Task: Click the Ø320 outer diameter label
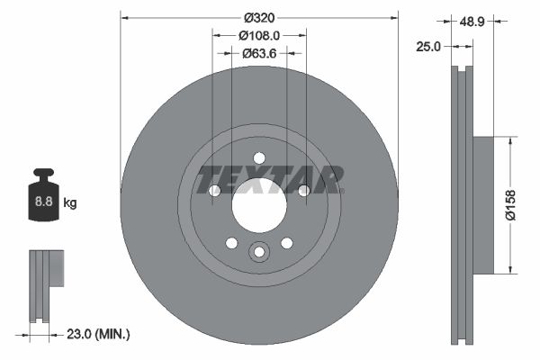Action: point(259,16)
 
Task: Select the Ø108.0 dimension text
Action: point(259,35)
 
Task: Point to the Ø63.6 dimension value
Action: point(259,53)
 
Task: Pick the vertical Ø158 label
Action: point(510,205)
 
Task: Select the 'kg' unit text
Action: point(70,203)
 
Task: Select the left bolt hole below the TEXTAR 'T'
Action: point(214,190)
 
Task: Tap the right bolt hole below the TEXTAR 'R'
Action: point(303,190)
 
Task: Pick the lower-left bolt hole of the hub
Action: point(231,243)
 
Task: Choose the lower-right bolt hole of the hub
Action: point(287,243)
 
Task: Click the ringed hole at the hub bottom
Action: point(259,253)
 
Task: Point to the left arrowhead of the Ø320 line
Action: point(124,16)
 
